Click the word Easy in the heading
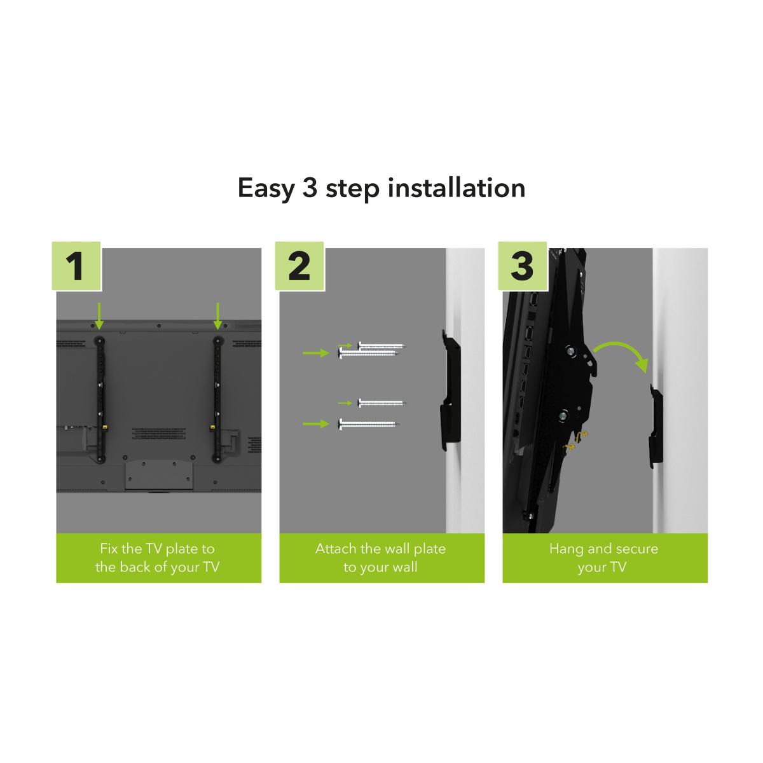[x=266, y=189]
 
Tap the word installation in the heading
[x=456, y=188]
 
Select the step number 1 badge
[x=76, y=266]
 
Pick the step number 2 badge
[x=299, y=266]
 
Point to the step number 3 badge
[x=523, y=266]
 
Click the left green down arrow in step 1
[x=99, y=316]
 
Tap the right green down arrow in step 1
[x=217, y=316]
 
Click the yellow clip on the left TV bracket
[x=106, y=427]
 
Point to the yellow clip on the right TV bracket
[x=212, y=427]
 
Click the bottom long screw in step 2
[x=369, y=424]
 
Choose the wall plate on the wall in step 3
[x=656, y=425]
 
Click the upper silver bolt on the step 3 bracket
[x=570, y=350]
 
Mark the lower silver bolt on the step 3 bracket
[x=563, y=415]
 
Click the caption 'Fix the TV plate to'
[x=158, y=549]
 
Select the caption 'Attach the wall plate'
[x=380, y=549]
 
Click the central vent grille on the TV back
[x=159, y=433]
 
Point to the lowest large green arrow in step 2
[x=316, y=424]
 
